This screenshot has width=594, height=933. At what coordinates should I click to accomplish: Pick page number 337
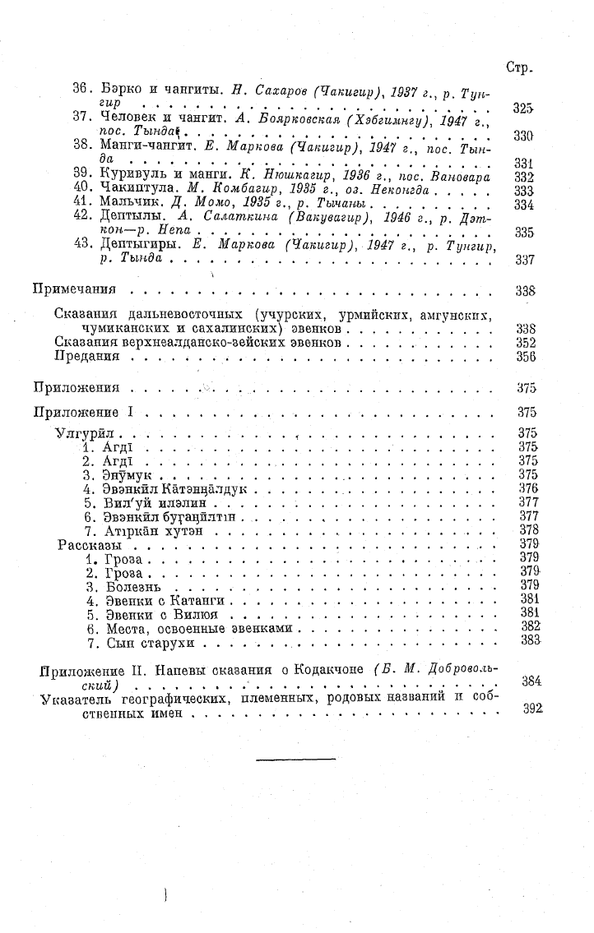[524, 261]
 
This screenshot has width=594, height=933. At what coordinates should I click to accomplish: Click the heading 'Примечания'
[73, 290]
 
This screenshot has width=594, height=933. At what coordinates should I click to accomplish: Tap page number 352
[524, 343]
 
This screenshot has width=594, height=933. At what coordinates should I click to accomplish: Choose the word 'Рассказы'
[90, 544]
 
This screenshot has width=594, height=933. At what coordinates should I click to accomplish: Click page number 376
[528, 487]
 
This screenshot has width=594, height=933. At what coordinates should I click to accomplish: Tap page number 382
[529, 626]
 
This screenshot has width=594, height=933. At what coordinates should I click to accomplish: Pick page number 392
[532, 708]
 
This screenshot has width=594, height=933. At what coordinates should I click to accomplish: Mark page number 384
[531, 681]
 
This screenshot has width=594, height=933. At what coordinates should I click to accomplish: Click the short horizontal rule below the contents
[295, 759]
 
